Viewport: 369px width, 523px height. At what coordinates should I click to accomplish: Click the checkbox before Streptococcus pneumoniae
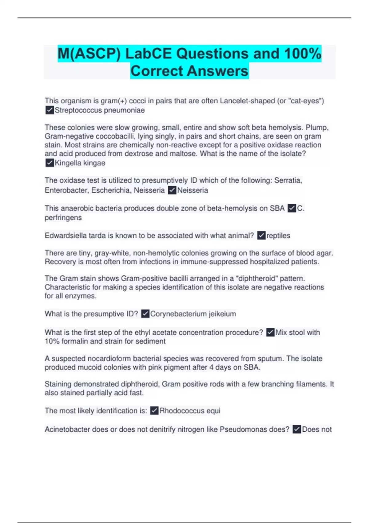[50, 110]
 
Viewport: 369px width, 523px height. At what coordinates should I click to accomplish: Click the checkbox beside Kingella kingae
[50, 163]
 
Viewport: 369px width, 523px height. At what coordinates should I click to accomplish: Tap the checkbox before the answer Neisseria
[172, 190]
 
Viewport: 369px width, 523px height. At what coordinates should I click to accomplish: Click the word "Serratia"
[288, 180]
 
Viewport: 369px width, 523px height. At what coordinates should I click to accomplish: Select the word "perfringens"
[63, 218]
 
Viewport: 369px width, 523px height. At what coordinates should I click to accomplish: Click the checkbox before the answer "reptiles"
[261, 236]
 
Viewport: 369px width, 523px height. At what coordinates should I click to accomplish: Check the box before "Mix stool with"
[270, 333]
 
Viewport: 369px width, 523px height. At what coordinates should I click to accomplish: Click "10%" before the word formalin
[52, 341]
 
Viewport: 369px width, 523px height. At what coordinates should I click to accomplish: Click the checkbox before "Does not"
[297, 429]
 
